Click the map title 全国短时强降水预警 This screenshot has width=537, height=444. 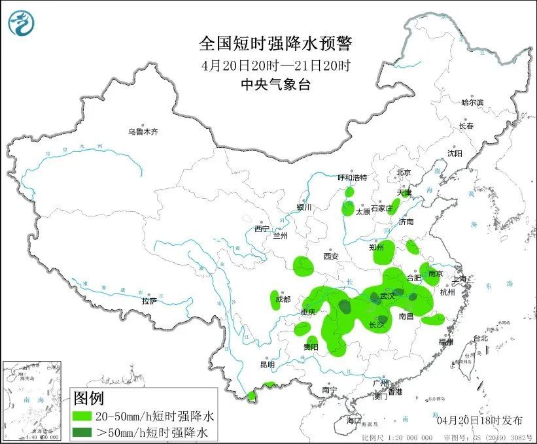click(x=275, y=44)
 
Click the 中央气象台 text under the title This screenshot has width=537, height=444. click(x=275, y=84)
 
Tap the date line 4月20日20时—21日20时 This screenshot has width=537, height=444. click(x=275, y=65)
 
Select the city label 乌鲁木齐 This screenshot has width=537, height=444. click(x=143, y=131)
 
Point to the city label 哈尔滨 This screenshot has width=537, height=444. click(x=472, y=103)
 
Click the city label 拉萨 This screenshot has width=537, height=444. click(x=149, y=301)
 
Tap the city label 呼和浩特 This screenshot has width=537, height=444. click(x=352, y=177)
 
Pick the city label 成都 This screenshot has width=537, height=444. click(x=283, y=299)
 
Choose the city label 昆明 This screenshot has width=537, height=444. click(x=268, y=364)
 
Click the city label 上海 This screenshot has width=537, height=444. click(x=460, y=279)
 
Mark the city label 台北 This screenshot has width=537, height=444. click(x=480, y=338)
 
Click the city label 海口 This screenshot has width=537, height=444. click(x=354, y=419)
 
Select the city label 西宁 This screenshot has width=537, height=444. click(x=262, y=229)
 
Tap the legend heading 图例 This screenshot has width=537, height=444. click(x=88, y=398)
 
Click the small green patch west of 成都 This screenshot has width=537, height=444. click(x=275, y=299)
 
